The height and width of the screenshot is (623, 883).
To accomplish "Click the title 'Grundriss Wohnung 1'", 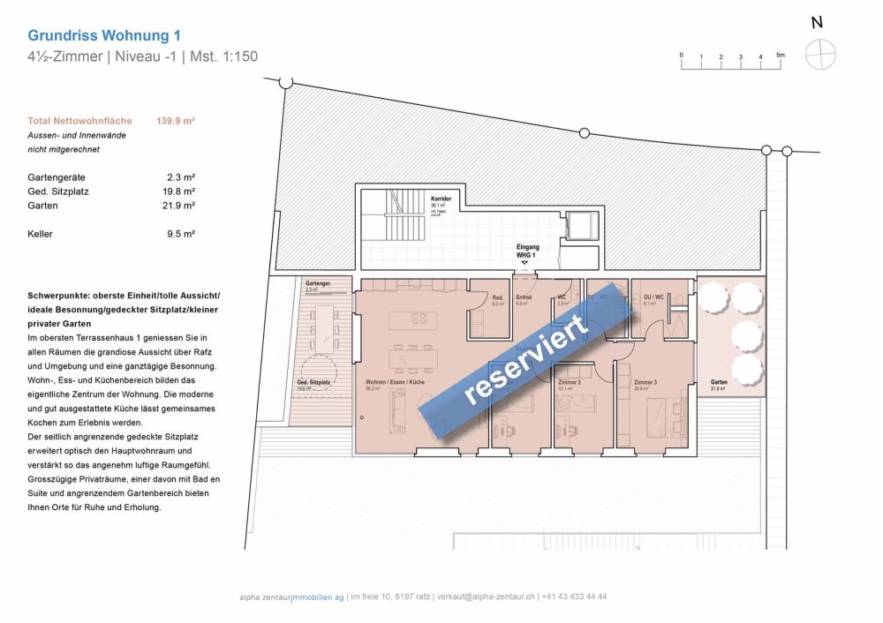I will pyautogui.click(x=104, y=36).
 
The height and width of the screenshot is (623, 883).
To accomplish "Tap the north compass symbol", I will pyautogui.click(x=819, y=55).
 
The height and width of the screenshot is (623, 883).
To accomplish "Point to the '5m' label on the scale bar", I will pyautogui.click(x=780, y=55).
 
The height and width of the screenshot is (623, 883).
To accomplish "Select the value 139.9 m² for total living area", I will pyautogui.click(x=176, y=121).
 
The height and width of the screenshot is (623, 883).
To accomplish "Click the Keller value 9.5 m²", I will pyautogui.click(x=181, y=234).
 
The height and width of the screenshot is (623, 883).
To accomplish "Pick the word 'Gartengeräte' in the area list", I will pyautogui.click(x=55, y=177).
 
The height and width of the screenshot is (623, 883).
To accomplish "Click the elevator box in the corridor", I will pyautogui.click(x=582, y=225).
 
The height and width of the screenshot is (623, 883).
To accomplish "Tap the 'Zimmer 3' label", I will pyautogui.click(x=645, y=382).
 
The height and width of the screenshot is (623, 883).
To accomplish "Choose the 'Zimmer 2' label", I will pyautogui.click(x=570, y=382).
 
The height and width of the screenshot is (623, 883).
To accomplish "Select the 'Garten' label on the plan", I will pyautogui.click(x=719, y=382).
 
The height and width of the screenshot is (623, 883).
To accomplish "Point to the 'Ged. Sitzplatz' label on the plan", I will pyautogui.click(x=315, y=382).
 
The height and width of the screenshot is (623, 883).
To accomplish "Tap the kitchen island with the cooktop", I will pyautogui.click(x=409, y=319).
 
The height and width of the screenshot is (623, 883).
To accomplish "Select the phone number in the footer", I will pyautogui.click(x=574, y=597).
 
